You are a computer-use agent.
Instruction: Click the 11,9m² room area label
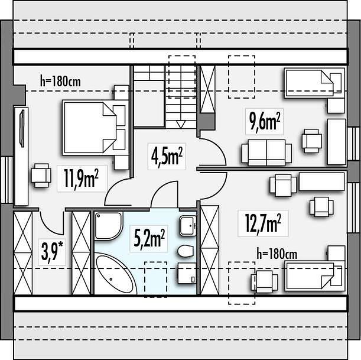pyautogui.click(x=82, y=179)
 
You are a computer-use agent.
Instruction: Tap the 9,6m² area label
pyautogui.click(x=265, y=122)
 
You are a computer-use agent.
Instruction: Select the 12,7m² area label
pyautogui.click(x=263, y=223)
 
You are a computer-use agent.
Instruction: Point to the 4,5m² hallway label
pyautogui.click(x=167, y=156)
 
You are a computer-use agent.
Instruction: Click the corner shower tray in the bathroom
pyautogui.click(x=108, y=226)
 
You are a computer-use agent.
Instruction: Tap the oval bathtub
pyautogui.click(x=116, y=274)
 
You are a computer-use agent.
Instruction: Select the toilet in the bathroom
pyautogui.click(x=186, y=251)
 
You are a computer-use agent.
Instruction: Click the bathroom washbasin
pyautogui.click(x=188, y=226)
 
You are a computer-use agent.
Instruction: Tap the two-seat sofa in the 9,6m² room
pyautogui.click(x=266, y=153)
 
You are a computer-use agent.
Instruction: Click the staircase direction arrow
pyautogui.click(x=181, y=124)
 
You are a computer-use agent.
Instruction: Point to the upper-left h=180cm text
pyautogui.click(x=60, y=81)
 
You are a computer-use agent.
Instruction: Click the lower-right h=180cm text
pyautogui.click(x=277, y=254)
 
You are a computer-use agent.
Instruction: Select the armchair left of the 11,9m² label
pyautogui.click(x=41, y=176)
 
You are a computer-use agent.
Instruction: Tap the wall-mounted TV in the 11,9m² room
pyautogui.click(x=22, y=128)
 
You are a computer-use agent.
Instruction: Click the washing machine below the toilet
pyautogui.click(x=187, y=273)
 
